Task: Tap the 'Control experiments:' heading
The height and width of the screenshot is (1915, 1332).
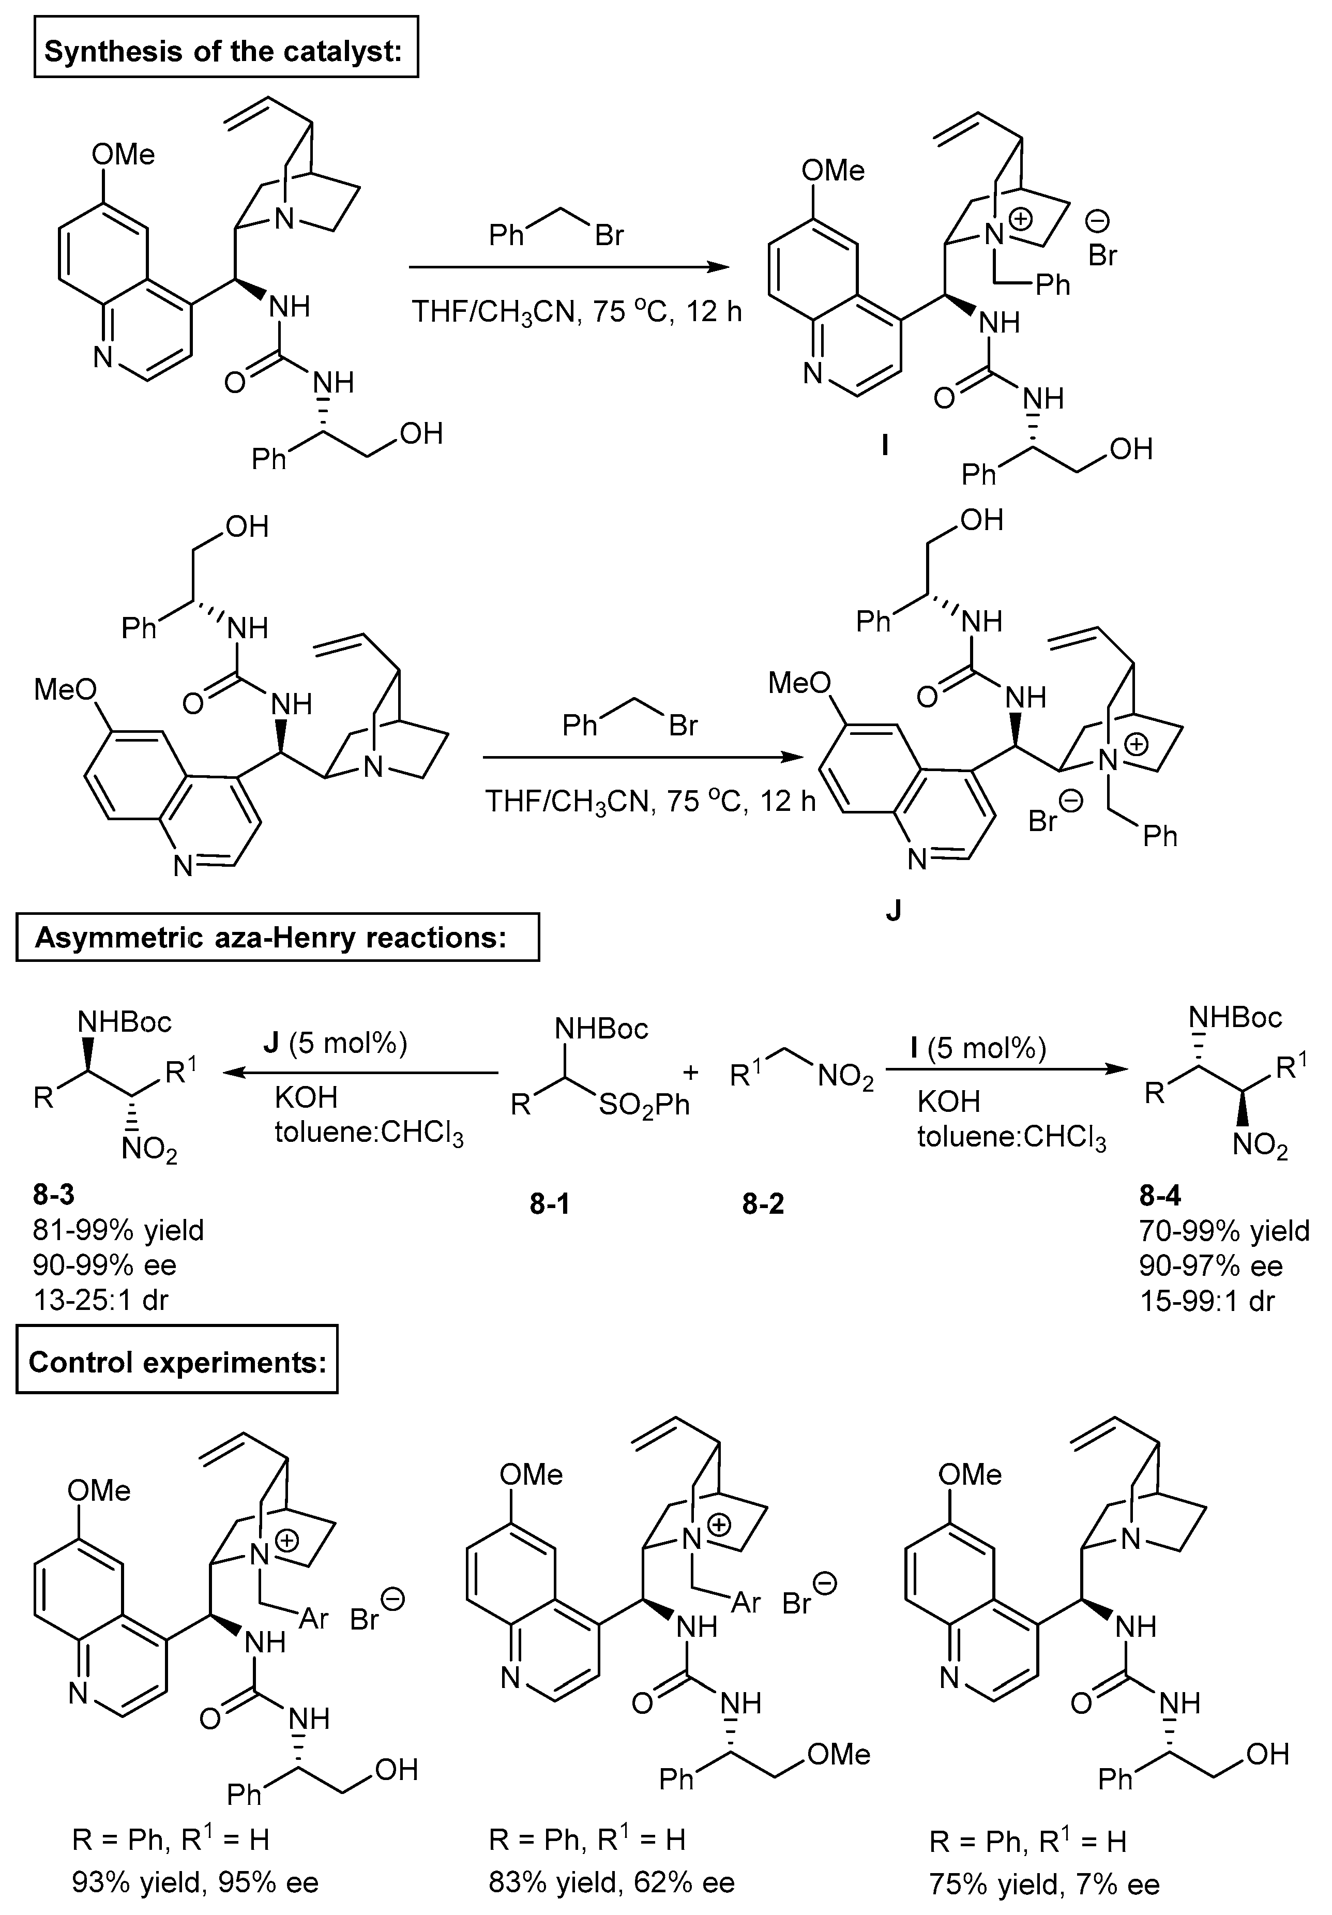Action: click(177, 1362)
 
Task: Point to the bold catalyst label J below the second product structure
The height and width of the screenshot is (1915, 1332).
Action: click(894, 910)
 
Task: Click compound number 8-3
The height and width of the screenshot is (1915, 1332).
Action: click(53, 1195)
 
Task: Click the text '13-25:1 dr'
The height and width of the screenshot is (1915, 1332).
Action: click(100, 1300)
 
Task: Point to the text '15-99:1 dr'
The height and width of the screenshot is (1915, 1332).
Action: click(1207, 1300)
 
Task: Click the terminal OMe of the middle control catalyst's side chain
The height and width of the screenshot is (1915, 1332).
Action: click(838, 1755)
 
